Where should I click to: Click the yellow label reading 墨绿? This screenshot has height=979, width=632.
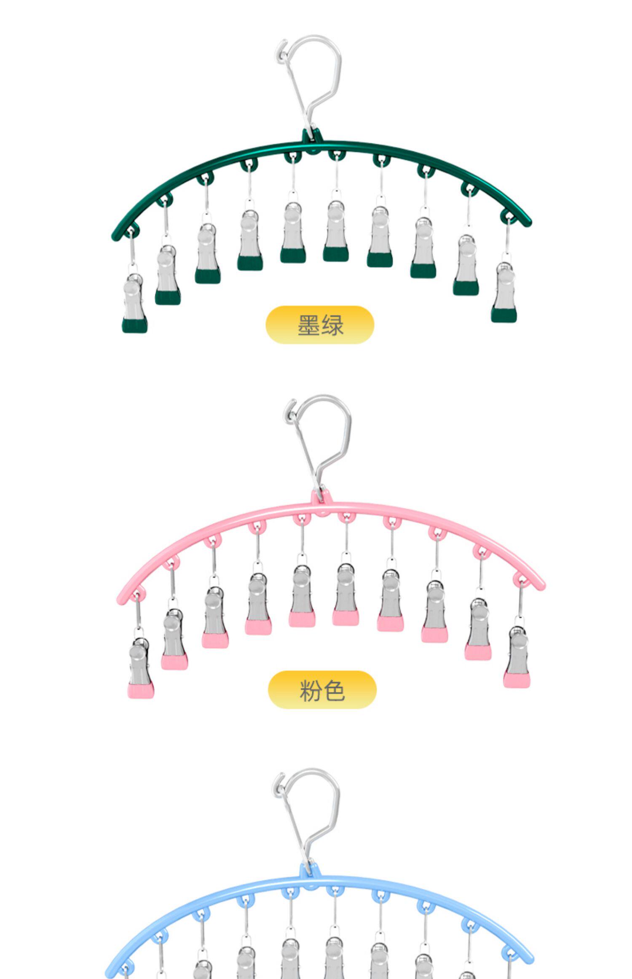[320, 325]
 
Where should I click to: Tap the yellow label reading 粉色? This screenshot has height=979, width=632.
[322, 690]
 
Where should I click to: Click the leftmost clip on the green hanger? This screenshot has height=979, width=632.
[134, 302]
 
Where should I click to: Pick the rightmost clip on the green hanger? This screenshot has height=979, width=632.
[504, 292]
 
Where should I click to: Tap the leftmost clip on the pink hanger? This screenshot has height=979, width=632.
[140, 667]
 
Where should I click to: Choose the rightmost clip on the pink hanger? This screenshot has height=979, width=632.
[517, 656]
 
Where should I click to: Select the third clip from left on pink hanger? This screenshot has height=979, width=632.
[215, 616]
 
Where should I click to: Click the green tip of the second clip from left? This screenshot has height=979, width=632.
[168, 297]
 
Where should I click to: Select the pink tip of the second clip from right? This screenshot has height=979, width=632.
[478, 652]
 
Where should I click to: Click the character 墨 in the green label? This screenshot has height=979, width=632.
[308, 325]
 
